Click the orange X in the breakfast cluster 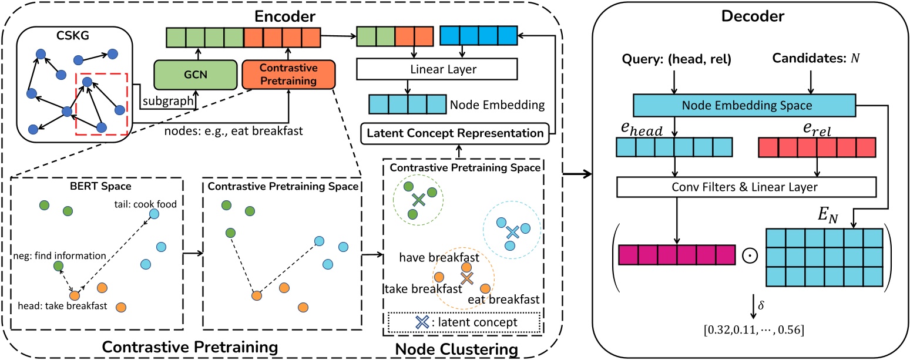tap(466, 278)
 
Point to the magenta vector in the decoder tap(677, 255)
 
